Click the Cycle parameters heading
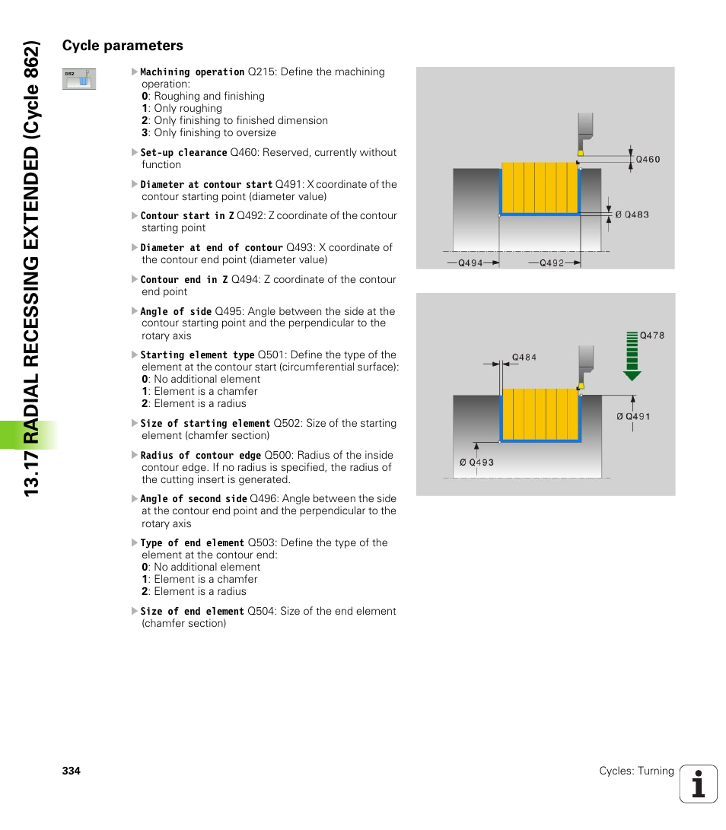point(123,46)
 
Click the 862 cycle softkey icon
point(78,79)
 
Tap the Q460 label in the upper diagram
point(648,160)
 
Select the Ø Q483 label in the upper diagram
point(632,215)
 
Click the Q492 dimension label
point(552,263)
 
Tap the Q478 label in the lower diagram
point(651,335)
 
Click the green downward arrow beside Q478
point(632,356)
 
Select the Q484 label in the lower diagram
point(524,357)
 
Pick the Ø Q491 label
point(633,416)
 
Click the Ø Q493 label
point(476,463)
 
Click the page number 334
point(71,771)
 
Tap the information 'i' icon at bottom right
point(699,784)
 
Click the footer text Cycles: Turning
point(636,771)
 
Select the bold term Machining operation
point(193,72)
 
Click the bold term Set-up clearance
point(183,153)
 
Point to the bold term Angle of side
point(176,311)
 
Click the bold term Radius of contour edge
point(200,456)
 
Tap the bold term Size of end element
point(193,612)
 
